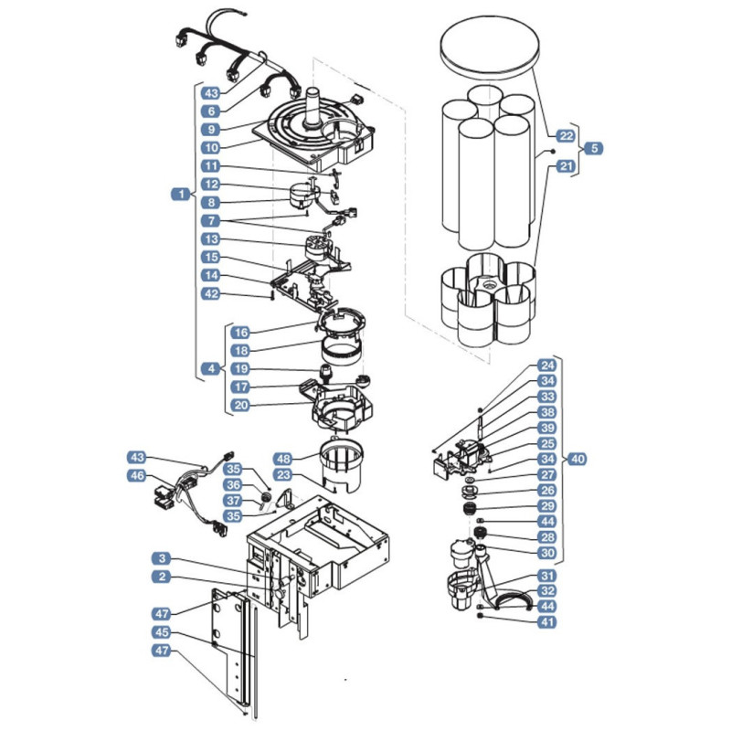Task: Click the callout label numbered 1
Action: [x=181, y=194]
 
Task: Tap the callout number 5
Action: [x=594, y=148]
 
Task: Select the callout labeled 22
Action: [x=566, y=135]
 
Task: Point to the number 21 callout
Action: [x=566, y=166]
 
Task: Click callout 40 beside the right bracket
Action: [x=577, y=459]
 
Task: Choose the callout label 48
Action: [x=283, y=459]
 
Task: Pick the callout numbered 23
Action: [x=283, y=475]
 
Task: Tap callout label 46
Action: [x=137, y=475]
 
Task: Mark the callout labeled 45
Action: [x=162, y=632]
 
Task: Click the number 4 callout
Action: [x=211, y=369]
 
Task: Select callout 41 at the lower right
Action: [x=547, y=622]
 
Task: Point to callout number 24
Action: [x=547, y=365]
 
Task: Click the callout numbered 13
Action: [x=211, y=239]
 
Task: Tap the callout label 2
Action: [x=162, y=577]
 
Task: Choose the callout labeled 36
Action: [x=233, y=485]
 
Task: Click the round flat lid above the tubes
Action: [x=490, y=46]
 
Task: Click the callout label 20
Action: [x=240, y=405]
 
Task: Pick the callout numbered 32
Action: [x=547, y=591]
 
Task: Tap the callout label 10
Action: [x=211, y=148]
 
